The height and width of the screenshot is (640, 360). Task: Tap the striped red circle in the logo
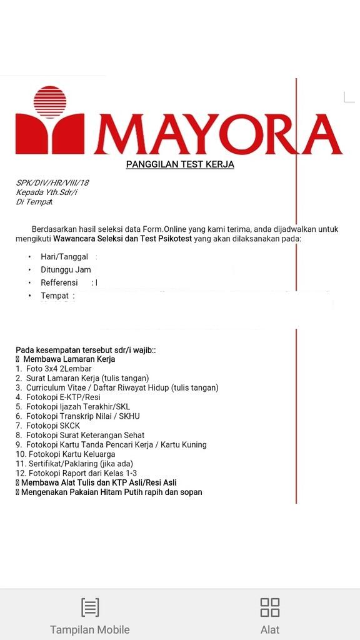pos(50,102)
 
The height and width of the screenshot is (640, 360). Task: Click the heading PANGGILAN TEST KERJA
pos(180,165)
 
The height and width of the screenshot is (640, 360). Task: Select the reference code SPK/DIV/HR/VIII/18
pos(52,183)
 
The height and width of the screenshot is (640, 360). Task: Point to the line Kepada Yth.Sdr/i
pos(47,192)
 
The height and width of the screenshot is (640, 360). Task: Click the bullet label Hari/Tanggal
pos(64,257)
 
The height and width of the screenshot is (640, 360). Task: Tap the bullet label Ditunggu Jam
pos(66,270)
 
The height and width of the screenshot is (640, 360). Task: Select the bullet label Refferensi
pos(63,283)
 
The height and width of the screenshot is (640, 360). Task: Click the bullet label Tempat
pos(54,296)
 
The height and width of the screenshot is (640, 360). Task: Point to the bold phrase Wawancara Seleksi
pos(87,239)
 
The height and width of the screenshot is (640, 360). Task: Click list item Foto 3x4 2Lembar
pos(59,369)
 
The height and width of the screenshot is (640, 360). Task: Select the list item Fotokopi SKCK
pos(53,426)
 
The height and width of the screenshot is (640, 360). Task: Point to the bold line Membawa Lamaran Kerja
pos(69,359)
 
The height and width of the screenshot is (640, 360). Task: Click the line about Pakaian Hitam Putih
pos(111,492)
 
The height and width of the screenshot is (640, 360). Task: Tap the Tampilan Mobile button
pos(90,616)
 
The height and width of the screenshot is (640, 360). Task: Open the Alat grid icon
pos(270,607)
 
